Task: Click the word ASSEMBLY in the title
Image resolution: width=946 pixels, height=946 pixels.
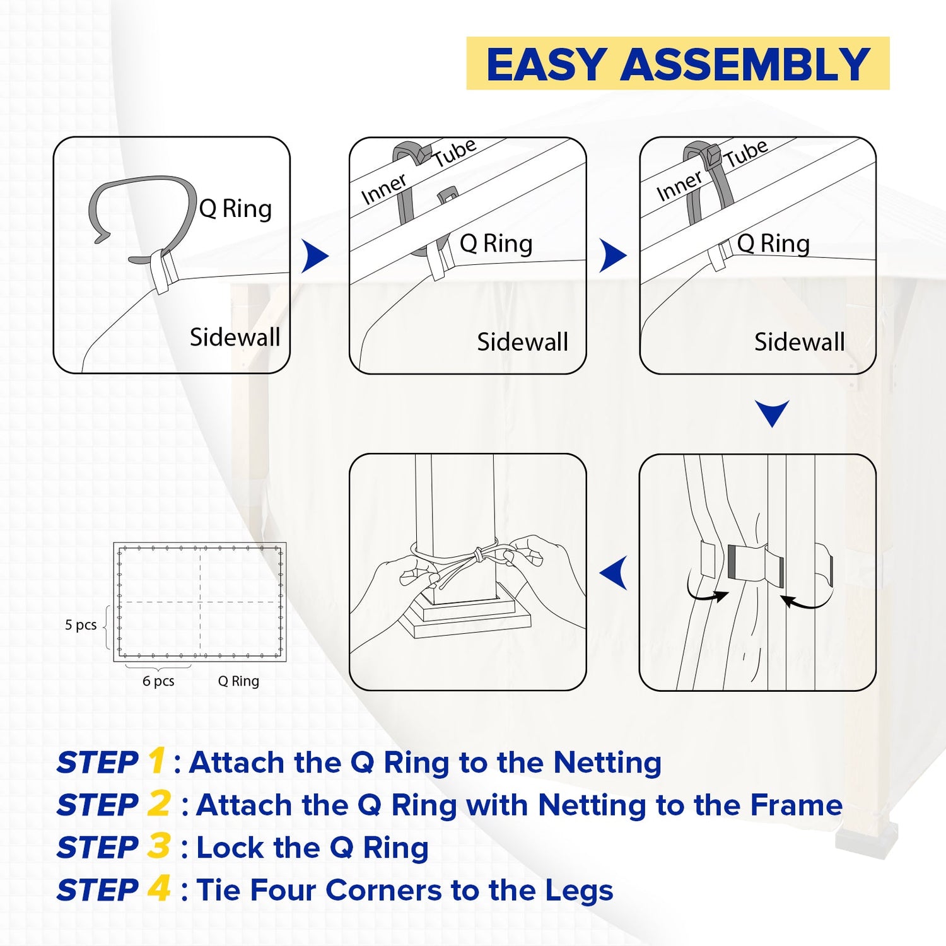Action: coord(745,64)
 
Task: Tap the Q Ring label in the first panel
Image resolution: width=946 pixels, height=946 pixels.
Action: coord(235,209)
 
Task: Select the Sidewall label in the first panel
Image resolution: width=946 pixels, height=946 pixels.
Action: coord(235,337)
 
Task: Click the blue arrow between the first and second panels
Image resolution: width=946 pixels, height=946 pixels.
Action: coord(315,256)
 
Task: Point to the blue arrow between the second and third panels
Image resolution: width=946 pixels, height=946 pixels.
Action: coord(612,256)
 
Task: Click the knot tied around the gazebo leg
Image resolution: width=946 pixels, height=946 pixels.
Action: coord(479,554)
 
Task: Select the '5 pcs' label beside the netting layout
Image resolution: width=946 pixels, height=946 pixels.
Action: coord(81,625)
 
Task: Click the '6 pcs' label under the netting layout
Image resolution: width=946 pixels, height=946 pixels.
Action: coord(158,681)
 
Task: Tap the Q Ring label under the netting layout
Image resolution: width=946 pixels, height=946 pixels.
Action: coord(238,681)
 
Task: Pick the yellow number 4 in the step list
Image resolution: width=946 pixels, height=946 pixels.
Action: coord(159,889)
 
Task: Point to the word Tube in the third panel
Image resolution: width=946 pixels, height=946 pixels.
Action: coord(746,153)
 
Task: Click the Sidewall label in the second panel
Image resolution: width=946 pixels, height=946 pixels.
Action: coord(522,342)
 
